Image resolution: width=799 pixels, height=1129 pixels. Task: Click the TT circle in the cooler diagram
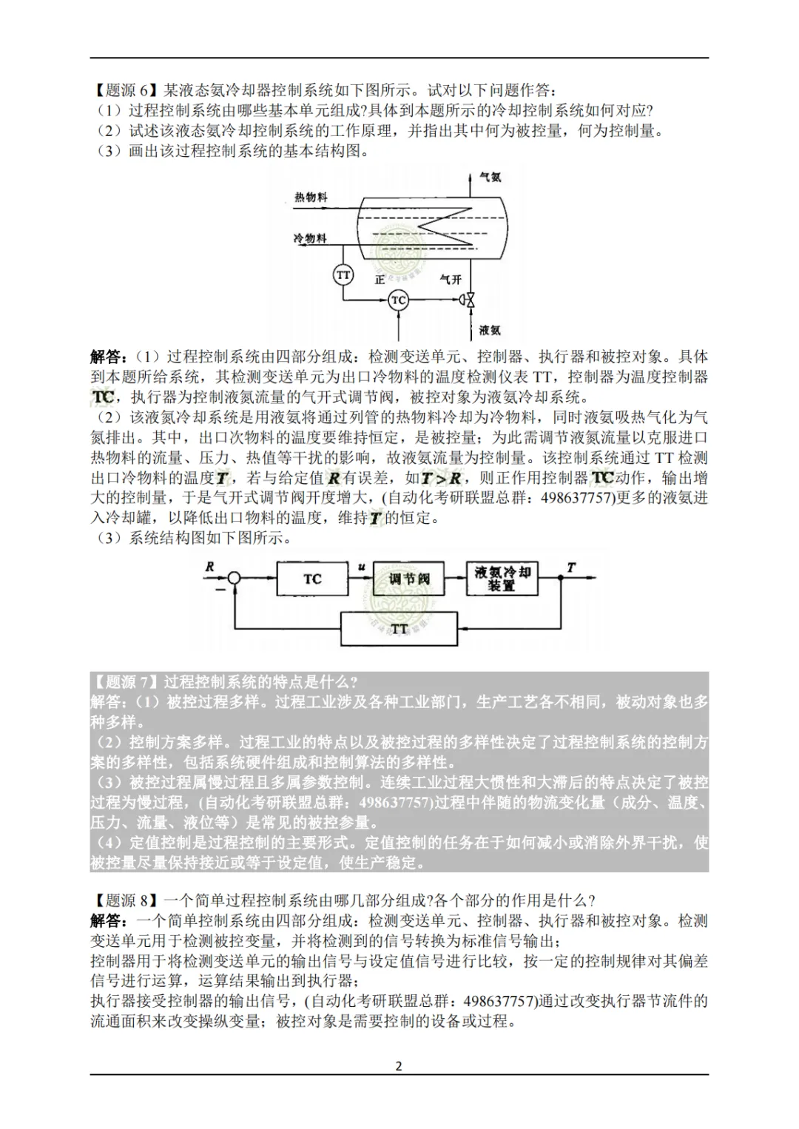343,275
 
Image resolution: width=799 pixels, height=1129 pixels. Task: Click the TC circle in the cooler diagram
399,300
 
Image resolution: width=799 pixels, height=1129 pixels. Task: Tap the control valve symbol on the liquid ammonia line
468,300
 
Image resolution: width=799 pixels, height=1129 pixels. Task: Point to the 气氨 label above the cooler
490,178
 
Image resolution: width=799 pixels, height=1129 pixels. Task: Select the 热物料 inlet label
311,197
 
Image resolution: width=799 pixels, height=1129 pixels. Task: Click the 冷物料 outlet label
310,238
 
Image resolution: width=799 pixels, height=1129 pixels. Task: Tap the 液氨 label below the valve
490,330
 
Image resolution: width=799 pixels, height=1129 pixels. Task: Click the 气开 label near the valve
451,280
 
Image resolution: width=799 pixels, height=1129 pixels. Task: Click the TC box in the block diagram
312,579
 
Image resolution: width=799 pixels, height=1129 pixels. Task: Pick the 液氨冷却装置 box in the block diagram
502,579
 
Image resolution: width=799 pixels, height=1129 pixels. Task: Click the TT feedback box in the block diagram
399,629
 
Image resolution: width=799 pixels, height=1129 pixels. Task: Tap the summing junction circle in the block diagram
234,579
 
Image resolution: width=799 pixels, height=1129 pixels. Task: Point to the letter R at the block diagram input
210,567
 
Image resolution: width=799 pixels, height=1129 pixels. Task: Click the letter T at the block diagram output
570,567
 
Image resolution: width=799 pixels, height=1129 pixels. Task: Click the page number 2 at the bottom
399,1066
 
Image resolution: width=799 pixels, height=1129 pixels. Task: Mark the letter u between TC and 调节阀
362,567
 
